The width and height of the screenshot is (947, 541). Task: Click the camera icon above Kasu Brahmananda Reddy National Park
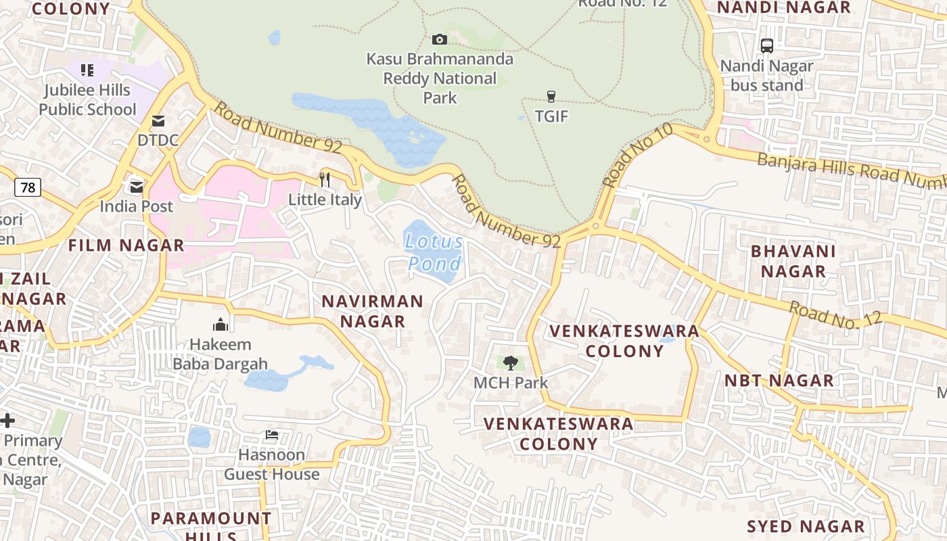(x=440, y=39)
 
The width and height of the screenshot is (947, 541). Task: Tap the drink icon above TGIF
(x=551, y=97)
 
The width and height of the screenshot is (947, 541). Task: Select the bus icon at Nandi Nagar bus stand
(x=766, y=46)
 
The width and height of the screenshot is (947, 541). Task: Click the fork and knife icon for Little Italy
(x=325, y=180)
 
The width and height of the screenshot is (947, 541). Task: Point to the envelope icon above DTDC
(x=158, y=121)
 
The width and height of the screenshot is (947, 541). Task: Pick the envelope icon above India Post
(x=137, y=187)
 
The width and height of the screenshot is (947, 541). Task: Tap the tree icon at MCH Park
(x=511, y=363)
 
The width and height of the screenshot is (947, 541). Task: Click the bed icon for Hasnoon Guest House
(x=272, y=435)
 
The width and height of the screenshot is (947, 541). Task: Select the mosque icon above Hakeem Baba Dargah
(x=221, y=325)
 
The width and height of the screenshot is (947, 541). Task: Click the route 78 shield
(x=28, y=187)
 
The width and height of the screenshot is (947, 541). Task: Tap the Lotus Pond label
(x=434, y=252)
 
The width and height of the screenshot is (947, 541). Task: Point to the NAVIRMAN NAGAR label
(x=373, y=311)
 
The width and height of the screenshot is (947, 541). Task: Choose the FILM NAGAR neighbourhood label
(x=126, y=245)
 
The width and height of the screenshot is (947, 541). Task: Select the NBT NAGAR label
(x=779, y=380)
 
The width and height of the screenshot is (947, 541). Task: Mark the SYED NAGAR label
(x=806, y=526)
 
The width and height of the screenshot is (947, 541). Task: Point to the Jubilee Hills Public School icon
(x=87, y=70)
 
